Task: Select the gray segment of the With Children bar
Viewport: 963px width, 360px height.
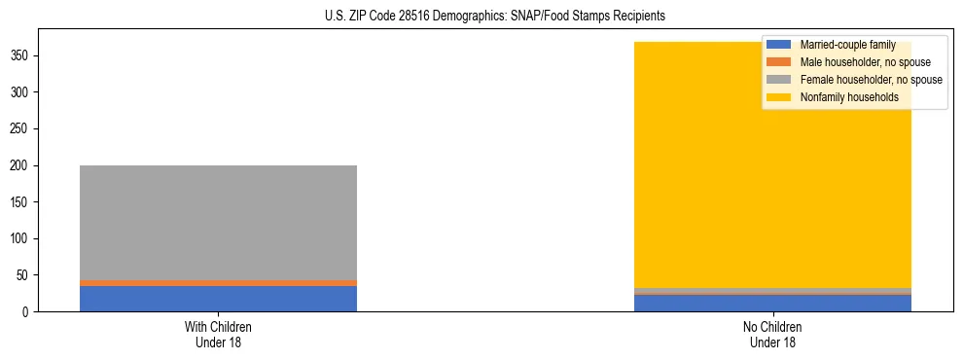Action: pyautogui.click(x=218, y=223)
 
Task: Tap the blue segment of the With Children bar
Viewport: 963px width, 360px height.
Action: pyautogui.click(x=218, y=299)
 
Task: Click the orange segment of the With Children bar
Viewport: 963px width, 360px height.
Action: pyautogui.click(x=218, y=283)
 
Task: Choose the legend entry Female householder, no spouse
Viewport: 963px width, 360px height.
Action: pyautogui.click(x=871, y=80)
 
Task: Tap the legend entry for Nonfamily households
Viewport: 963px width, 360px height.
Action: pyautogui.click(x=849, y=97)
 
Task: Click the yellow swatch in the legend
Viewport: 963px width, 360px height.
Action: pyautogui.click(x=779, y=97)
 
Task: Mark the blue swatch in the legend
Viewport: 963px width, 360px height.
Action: pyautogui.click(x=779, y=45)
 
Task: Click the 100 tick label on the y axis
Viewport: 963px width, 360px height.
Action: pyautogui.click(x=20, y=238)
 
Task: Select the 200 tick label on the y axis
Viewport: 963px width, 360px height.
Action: pyautogui.click(x=20, y=165)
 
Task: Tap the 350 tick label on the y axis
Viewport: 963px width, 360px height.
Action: pyautogui.click(x=20, y=56)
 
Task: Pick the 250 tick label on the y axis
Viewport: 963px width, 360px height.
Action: pyautogui.click(x=20, y=129)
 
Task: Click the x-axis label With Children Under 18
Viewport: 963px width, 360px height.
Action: pyautogui.click(x=218, y=334)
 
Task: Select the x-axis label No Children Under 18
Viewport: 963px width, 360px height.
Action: pyautogui.click(x=772, y=334)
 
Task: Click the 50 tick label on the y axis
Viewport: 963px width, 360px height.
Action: pyautogui.click(x=23, y=275)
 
